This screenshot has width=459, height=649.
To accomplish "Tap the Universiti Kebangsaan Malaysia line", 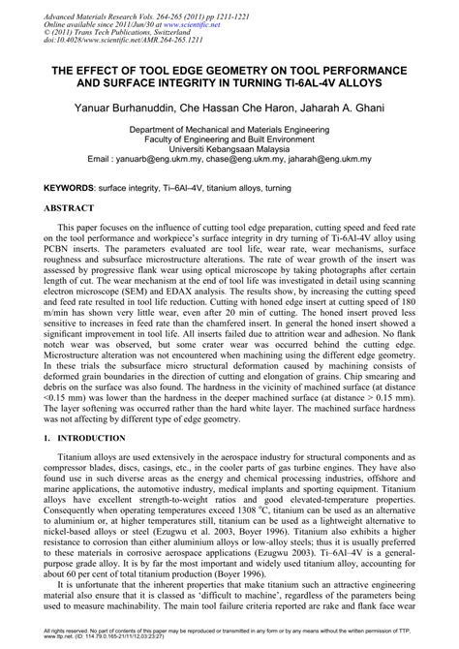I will click(229, 148).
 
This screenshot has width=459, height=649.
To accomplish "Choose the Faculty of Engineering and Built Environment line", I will click(229, 139).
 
